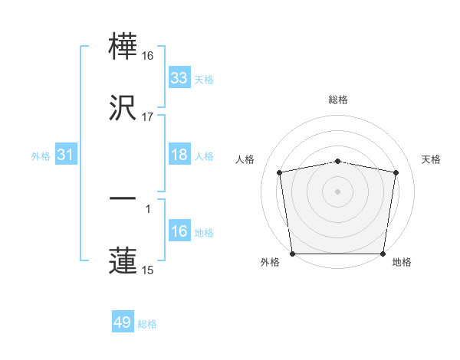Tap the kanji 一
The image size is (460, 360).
[123, 198]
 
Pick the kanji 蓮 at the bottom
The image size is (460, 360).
[123, 260]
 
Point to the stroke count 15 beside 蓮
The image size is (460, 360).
[148, 270]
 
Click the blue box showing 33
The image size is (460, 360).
[179, 77]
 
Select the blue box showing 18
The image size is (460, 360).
[179, 155]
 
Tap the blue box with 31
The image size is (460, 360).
[67, 155]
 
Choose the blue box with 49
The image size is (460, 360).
[123, 322]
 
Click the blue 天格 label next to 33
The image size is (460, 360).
[204, 79]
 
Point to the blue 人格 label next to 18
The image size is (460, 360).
[204, 156]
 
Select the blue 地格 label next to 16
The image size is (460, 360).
[204, 233]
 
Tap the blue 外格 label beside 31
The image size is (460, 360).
[41, 156]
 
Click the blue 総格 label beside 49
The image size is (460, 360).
[147, 324]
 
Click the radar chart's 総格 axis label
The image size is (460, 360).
[337, 100]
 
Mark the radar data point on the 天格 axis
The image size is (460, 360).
[396, 172]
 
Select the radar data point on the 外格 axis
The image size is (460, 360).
[292, 254]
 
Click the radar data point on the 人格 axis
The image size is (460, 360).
[280, 172]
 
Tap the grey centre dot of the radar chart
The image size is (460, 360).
[337, 191]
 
